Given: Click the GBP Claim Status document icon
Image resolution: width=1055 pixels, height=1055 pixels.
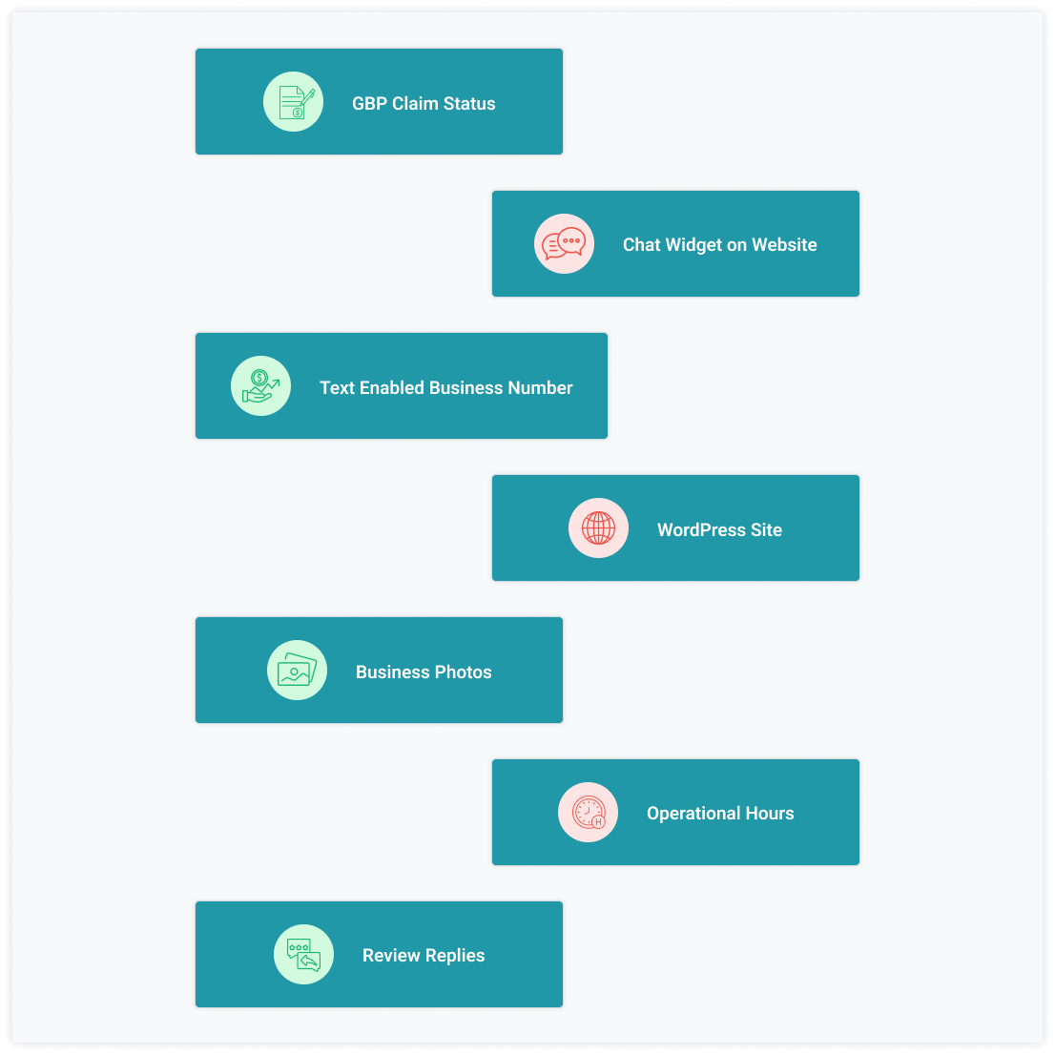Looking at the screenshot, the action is (294, 102).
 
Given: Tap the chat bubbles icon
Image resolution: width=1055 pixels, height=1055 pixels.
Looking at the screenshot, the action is (564, 243).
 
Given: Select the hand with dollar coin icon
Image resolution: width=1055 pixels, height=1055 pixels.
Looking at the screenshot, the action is (260, 386).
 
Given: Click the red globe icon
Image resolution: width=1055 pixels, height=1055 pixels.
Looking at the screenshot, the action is (598, 528).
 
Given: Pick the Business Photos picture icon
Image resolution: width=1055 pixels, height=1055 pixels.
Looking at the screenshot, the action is (297, 671).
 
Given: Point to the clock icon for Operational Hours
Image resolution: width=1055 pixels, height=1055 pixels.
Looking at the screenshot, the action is (589, 812).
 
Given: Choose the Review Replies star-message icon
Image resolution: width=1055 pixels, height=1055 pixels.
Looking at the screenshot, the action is (303, 955).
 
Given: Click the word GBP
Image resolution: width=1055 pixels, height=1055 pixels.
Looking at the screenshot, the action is (369, 104).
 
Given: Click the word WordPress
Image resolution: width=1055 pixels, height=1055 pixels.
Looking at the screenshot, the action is (701, 530).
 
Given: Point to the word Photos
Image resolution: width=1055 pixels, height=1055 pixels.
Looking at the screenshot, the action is (463, 672).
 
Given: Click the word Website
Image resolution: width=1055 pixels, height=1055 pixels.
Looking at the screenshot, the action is (784, 245).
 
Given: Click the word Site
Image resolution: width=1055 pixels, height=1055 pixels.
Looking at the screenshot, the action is (766, 530).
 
